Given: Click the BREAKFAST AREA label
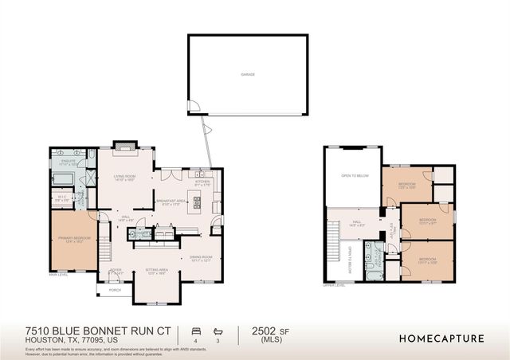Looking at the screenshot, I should point(171,201).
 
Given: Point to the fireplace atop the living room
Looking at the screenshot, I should point(124,146).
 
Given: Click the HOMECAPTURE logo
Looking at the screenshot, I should point(441,338).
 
